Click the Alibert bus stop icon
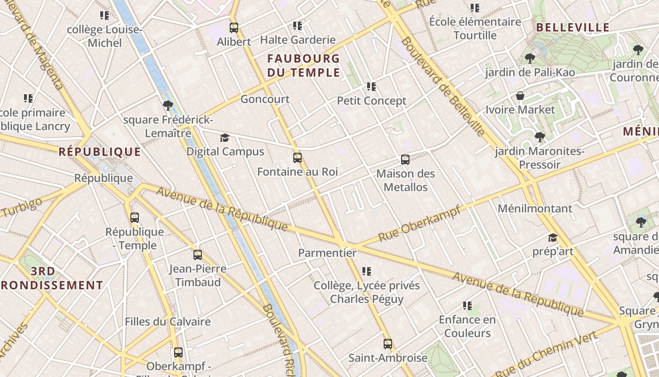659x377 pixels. (x=234, y=28)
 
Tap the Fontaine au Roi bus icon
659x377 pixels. (x=297, y=158)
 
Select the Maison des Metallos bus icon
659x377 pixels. (x=405, y=160)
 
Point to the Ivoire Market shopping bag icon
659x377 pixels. (x=520, y=96)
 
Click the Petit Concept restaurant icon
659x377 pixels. (x=371, y=87)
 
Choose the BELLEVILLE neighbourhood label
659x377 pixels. (x=573, y=27)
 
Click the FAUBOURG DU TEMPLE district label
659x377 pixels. (x=304, y=66)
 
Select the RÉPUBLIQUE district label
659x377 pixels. (x=100, y=152)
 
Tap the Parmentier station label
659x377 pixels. (x=328, y=253)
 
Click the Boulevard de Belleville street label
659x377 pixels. (x=443, y=88)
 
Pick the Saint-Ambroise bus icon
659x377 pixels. (x=388, y=344)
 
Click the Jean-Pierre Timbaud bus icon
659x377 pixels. (x=198, y=255)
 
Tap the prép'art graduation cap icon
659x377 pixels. (x=553, y=238)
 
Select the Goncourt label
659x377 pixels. (x=265, y=99)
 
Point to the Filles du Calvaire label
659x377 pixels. (x=168, y=322)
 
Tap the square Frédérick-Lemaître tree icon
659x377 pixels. (x=168, y=106)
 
